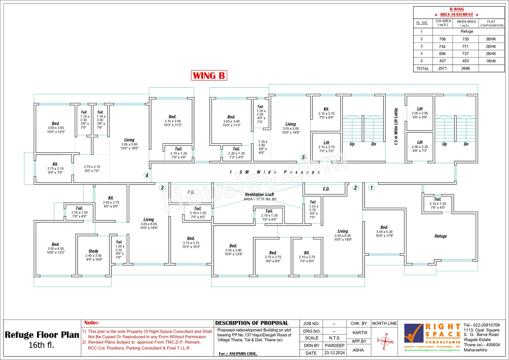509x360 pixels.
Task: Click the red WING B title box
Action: point(209,75)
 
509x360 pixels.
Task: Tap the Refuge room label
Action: point(440,236)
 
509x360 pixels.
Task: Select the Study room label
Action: point(93,251)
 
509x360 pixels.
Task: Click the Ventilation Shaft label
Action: point(259,194)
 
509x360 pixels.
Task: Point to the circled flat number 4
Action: point(147,175)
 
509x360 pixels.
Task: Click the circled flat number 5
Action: point(303,157)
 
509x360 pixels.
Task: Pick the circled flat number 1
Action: point(371,188)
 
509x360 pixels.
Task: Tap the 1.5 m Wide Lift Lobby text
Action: point(396,126)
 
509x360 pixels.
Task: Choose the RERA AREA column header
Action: point(466,23)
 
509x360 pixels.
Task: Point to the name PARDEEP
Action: point(334,345)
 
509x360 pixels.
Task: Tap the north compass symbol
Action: point(385,341)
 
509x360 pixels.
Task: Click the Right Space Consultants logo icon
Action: point(414,333)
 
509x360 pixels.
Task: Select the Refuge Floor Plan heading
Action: point(42,335)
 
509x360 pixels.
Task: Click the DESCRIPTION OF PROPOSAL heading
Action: point(252,323)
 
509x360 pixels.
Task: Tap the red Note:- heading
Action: point(92,323)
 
